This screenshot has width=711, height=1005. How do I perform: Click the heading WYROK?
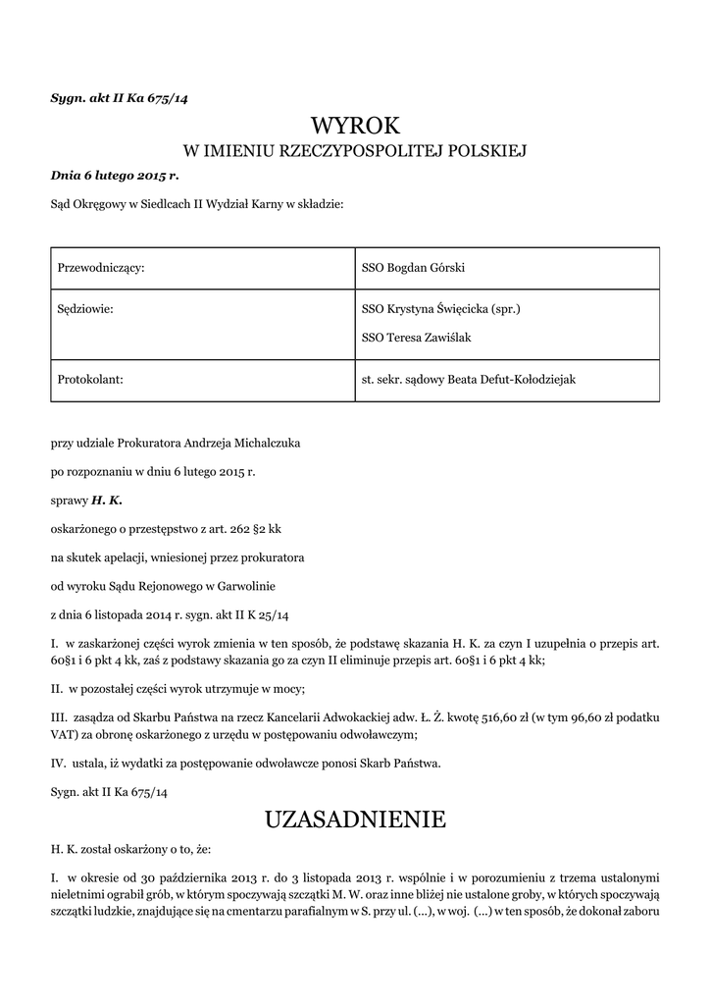coord(356,125)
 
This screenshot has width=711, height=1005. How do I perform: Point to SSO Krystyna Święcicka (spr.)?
coord(440,309)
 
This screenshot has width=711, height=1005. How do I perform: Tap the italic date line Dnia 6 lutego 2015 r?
coord(115,177)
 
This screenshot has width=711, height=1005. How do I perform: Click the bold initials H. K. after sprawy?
coord(107,501)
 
